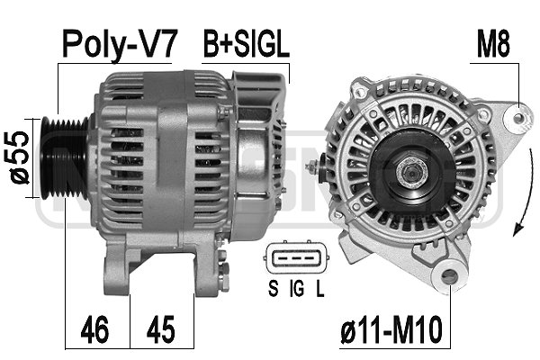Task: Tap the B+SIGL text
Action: (245, 44)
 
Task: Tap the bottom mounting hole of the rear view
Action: (446, 279)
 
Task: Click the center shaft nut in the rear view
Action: (410, 172)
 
